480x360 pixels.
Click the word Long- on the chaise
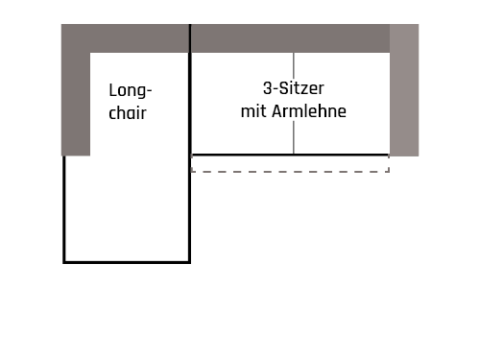point(131,92)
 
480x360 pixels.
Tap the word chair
point(128,113)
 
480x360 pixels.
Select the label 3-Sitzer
point(293,87)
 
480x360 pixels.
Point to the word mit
point(253,111)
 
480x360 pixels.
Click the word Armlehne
point(308,111)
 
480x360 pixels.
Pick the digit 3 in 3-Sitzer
point(266,87)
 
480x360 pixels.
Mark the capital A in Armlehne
point(277,111)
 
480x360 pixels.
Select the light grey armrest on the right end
point(404,89)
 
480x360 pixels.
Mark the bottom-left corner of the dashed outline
point(192,172)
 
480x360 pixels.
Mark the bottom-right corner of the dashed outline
point(389,172)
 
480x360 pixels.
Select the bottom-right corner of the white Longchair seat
point(187,259)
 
